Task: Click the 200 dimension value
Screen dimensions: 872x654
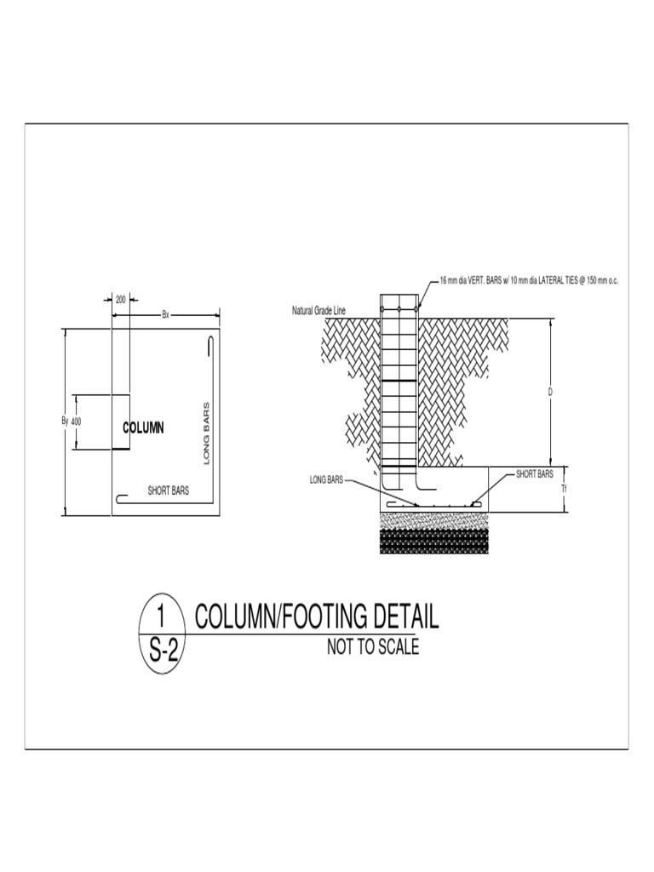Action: pyautogui.click(x=120, y=300)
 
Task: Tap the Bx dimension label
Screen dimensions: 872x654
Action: pyautogui.click(x=166, y=315)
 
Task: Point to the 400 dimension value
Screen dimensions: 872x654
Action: pyautogui.click(x=76, y=422)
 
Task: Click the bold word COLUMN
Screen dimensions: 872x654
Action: pyautogui.click(x=143, y=427)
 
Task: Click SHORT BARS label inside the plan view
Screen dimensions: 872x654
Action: pyautogui.click(x=169, y=490)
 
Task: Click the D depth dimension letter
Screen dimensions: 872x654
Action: pyautogui.click(x=550, y=393)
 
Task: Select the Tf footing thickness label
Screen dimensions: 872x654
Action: pyautogui.click(x=564, y=490)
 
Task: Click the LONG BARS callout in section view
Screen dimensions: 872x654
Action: pyautogui.click(x=326, y=481)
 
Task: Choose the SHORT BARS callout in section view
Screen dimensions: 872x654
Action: pyautogui.click(x=535, y=473)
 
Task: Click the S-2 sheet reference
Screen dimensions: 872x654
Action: pyautogui.click(x=162, y=651)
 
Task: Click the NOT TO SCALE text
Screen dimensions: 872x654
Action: pyautogui.click(x=373, y=648)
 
